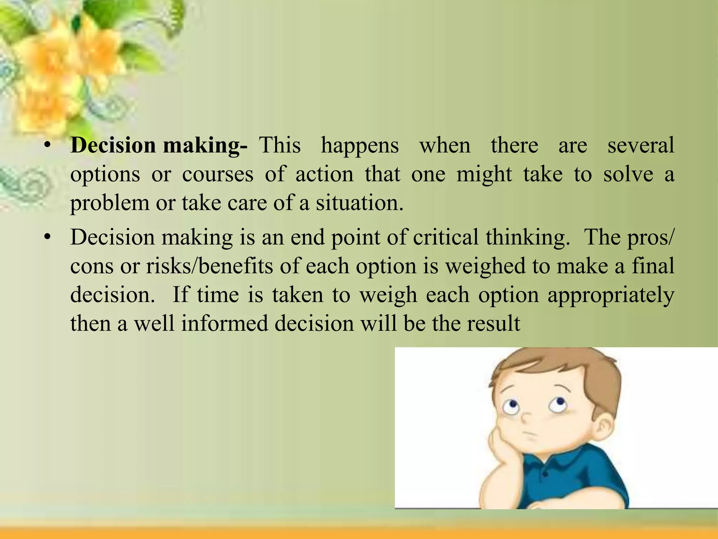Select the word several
pyautogui.click(x=641, y=145)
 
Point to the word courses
pyautogui.click(x=217, y=174)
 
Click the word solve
pyautogui.click(x=628, y=174)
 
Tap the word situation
pyautogui.click(x=359, y=203)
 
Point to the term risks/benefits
pyautogui.click(x=209, y=266)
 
